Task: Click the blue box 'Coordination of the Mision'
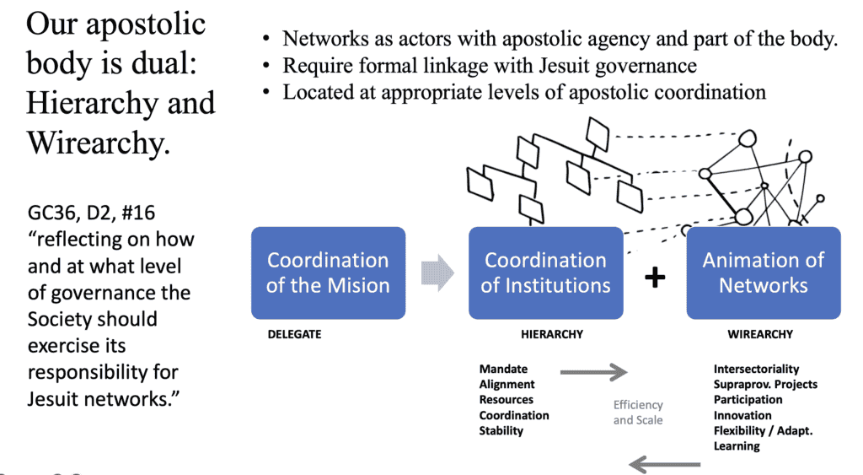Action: [x=328, y=273]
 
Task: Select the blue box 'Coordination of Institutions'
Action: [x=545, y=273]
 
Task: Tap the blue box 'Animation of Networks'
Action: [x=763, y=273]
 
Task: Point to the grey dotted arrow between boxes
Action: [x=437, y=273]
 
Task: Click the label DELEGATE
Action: [x=294, y=334]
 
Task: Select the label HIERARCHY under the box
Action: [x=552, y=334]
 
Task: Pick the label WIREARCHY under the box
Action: [x=759, y=334]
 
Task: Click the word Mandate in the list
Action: [x=503, y=369]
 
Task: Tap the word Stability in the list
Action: [x=501, y=430]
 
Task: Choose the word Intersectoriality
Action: [x=756, y=369]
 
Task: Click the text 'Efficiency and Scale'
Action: [x=638, y=412]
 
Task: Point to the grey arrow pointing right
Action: [x=593, y=371]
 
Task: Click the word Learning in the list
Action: [x=737, y=445]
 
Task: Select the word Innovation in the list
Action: [x=742, y=415]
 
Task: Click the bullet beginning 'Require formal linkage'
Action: [x=489, y=66]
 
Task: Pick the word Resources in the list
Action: [x=507, y=400]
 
